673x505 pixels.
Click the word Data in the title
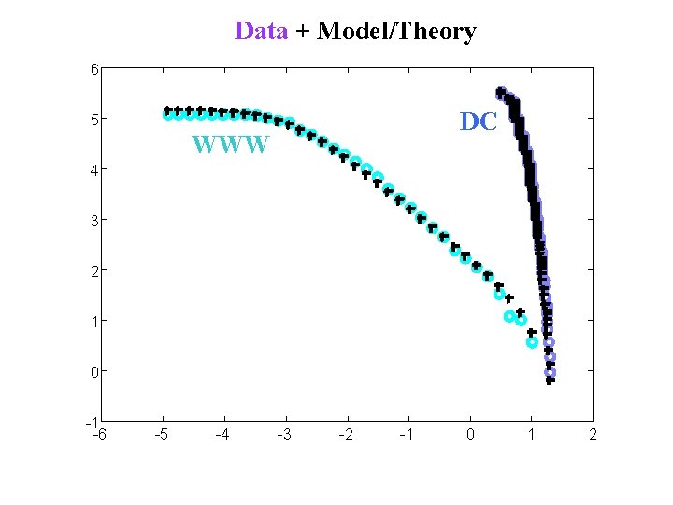pyautogui.click(x=261, y=31)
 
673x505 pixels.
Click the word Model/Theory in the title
pyautogui.click(x=396, y=31)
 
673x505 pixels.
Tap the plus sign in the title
pyautogui.click(x=302, y=32)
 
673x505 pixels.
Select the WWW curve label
pyautogui.click(x=231, y=146)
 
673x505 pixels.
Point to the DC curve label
pyautogui.click(x=479, y=122)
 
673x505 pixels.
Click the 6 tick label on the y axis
pyautogui.click(x=94, y=68)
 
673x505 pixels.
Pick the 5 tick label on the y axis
pyautogui.click(x=94, y=119)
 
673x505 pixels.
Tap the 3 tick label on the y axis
pyautogui.click(x=94, y=220)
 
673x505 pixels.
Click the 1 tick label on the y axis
pyautogui.click(x=94, y=321)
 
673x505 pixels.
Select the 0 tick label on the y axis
pyautogui.click(x=94, y=371)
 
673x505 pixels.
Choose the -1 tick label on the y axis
pyautogui.click(x=93, y=422)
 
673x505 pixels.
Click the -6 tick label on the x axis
pyautogui.click(x=99, y=434)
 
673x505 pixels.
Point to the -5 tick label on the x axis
pyautogui.click(x=161, y=434)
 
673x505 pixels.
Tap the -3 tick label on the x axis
pyautogui.click(x=284, y=434)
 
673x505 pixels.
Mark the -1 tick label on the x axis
pyautogui.click(x=407, y=434)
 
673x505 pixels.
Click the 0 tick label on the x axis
pyautogui.click(x=470, y=434)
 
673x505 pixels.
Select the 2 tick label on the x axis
pyautogui.click(x=593, y=434)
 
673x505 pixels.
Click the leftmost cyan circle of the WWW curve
pyautogui.click(x=168, y=114)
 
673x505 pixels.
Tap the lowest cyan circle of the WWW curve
pyautogui.click(x=532, y=342)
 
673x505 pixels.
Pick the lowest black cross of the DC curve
pyautogui.click(x=551, y=380)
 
